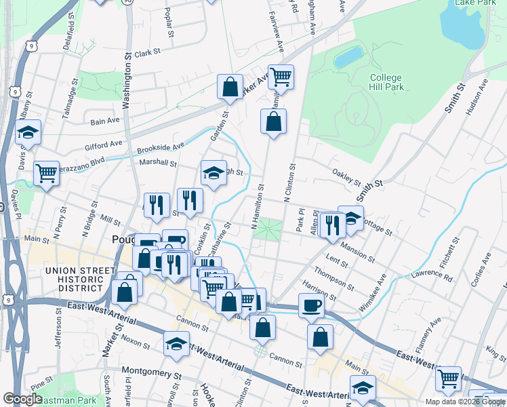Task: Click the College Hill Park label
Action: point(386,83)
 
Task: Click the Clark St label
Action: point(147,52)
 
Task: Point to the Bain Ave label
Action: point(104,121)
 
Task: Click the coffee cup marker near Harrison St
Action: point(311,306)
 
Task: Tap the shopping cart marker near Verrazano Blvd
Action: point(46,174)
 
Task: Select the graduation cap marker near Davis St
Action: point(28,132)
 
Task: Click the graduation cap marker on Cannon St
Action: point(176,344)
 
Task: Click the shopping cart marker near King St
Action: point(448,378)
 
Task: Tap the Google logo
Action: point(23,399)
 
